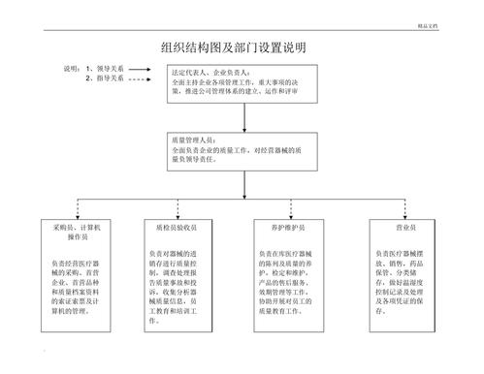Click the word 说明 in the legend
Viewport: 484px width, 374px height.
[71, 69]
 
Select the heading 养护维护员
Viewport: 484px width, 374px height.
[289, 226]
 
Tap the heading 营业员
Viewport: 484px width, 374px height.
[395, 226]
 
